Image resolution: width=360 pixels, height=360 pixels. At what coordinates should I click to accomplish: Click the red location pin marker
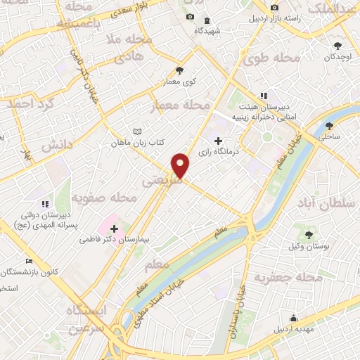[x=181, y=166]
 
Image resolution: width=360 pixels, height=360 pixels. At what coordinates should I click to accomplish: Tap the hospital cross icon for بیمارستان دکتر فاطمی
[x=115, y=228]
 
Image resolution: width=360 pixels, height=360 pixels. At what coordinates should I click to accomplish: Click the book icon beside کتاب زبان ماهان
[x=137, y=131]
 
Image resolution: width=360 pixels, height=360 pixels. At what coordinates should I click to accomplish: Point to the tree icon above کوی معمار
[x=179, y=70]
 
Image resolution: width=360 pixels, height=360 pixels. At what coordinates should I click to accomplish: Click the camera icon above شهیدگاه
[x=188, y=18]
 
